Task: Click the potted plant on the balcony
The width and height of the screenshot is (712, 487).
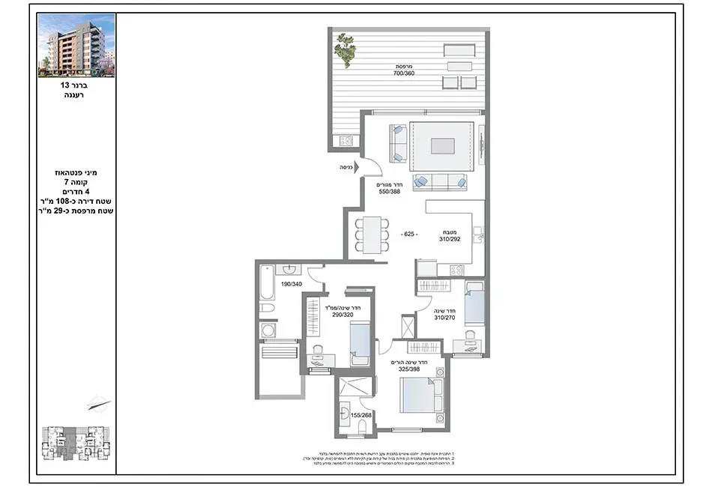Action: [345, 50]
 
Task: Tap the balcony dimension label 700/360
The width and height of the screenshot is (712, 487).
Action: [405, 73]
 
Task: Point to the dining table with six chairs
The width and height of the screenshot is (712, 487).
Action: [371, 235]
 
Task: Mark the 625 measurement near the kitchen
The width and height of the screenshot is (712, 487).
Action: [408, 235]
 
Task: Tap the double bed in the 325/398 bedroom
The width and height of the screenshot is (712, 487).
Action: [421, 395]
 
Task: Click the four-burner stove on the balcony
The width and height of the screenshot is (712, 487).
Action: [346, 140]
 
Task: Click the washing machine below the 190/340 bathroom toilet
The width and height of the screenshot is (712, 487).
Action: [268, 330]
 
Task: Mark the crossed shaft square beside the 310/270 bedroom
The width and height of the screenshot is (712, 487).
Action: [409, 327]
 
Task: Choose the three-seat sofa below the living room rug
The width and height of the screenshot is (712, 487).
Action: [440, 181]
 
